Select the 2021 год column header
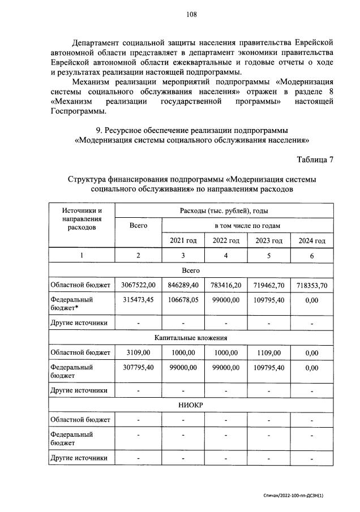pos(183,240)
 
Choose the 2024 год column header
pos(311,240)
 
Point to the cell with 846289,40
pos(183,286)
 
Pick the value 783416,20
pos(226,286)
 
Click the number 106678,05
pos(183,300)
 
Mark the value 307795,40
pos(138,367)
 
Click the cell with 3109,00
pos(138,352)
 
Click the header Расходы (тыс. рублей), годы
pos(224,210)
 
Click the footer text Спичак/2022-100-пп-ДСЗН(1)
pos(297,494)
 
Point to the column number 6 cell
pos(311,256)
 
